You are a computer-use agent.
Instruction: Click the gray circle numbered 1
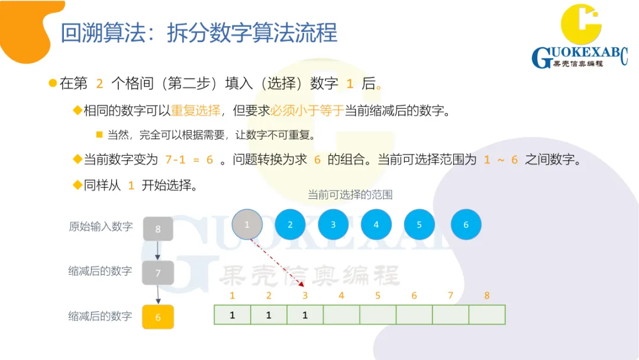247,225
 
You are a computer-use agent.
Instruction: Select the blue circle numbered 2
290,225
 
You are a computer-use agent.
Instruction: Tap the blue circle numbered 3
333,225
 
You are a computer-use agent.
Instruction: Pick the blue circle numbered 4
376,225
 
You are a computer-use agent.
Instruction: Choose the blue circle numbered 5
419,225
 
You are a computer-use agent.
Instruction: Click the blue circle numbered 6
466,225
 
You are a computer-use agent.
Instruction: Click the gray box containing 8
158,229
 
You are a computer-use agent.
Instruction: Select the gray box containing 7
158,273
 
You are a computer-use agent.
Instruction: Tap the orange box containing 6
158,317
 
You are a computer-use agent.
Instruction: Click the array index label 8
487,295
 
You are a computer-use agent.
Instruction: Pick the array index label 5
378,295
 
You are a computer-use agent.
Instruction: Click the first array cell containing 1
233,315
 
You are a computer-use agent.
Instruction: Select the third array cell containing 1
305,315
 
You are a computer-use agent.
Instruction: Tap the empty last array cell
487,315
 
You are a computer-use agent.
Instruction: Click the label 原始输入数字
101,226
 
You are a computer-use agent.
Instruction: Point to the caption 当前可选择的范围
350,195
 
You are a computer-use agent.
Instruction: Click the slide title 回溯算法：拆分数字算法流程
199,33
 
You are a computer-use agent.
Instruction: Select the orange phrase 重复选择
195,110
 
